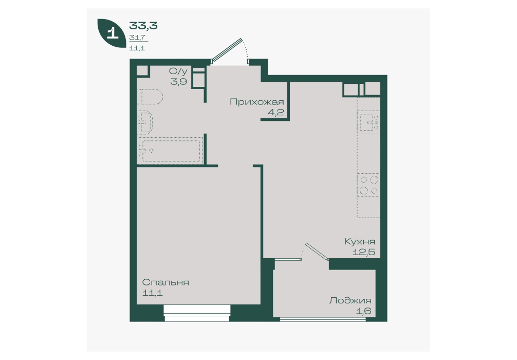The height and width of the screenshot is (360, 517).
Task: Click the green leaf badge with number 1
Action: pos(113,33)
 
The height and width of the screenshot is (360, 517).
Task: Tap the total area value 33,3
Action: pos(143,25)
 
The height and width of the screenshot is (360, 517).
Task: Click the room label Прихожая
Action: pos(256,102)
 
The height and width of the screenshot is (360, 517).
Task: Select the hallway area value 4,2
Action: pos(275,113)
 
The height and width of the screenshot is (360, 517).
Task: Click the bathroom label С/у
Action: pos(178,71)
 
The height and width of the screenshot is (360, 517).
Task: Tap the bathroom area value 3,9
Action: pos(179,81)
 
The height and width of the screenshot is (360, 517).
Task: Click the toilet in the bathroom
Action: pos(150,97)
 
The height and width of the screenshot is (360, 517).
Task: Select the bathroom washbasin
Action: pos(144,122)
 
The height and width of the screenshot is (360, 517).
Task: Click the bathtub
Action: pos(170,151)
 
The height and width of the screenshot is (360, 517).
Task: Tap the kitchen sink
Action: pos(368,122)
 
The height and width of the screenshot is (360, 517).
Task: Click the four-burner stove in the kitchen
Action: pos(369,185)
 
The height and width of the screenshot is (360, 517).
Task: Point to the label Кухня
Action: pos(360,242)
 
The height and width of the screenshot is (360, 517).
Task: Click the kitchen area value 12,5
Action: pos(364,253)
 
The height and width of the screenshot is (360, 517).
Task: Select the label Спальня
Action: pos(165,283)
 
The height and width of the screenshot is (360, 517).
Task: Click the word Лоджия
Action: pos(350,301)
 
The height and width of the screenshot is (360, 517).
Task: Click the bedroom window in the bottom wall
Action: pos(197,313)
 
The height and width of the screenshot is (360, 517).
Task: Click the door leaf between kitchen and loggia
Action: pos(317,252)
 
